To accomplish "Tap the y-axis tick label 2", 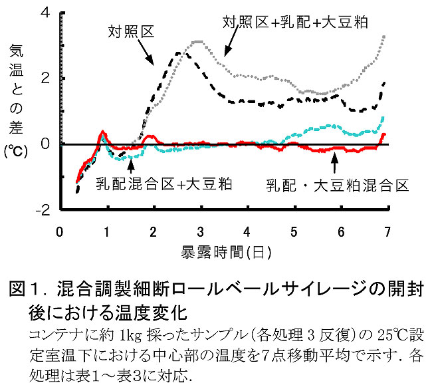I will pyautogui.click(x=45, y=78).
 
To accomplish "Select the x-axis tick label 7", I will pyautogui.click(x=387, y=232).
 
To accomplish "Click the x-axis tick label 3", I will pyautogui.click(x=200, y=232).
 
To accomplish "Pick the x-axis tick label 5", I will pyautogui.click(x=294, y=232).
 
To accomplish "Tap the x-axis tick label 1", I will pyautogui.click(x=107, y=232).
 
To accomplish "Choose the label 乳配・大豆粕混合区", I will pyautogui.click(x=337, y=185).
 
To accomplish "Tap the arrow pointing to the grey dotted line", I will pyautogui.click(x=231, y=44).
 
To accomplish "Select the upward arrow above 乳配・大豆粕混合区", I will pyautogui.click(x=334, y=162).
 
